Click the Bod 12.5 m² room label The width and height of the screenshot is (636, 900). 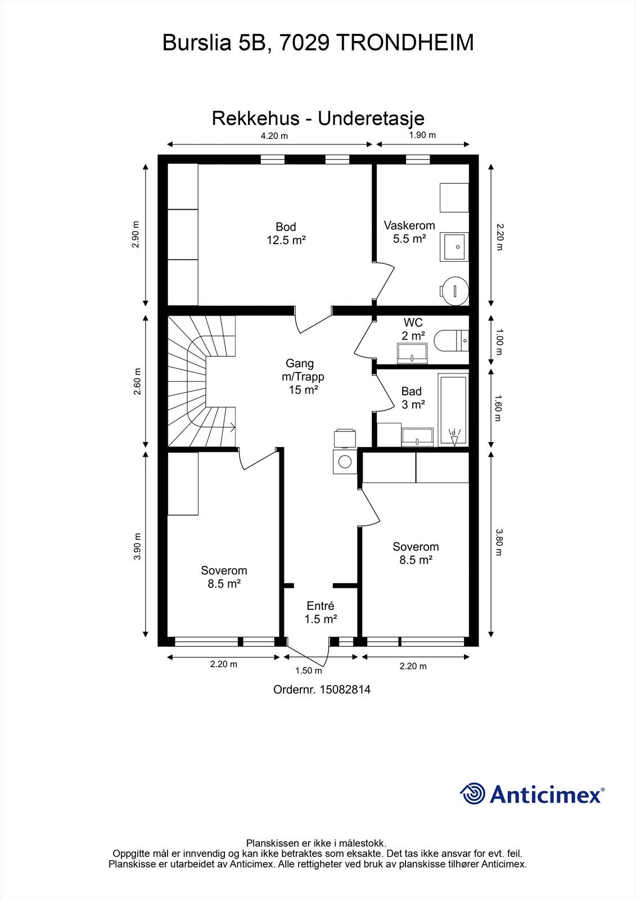tap(286, 233)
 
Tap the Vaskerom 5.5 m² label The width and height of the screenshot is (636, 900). tap(409, 232)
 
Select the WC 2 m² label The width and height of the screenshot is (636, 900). tap(413, 328)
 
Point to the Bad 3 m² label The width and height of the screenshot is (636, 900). tap(413, 398)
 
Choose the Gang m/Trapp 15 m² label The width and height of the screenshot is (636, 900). tap(303, 376)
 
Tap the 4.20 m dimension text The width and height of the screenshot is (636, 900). tap(274, 136)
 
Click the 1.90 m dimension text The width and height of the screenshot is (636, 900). tap(422, 135)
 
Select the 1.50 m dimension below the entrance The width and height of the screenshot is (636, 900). tap(309, 670)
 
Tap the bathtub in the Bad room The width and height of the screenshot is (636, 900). tap(454, 409)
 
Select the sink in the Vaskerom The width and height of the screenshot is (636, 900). tap(454, 247)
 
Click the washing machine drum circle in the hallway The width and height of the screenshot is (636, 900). tap(345, 462)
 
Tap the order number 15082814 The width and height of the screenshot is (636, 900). tap(345, 690)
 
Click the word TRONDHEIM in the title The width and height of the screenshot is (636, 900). tap(404, 43)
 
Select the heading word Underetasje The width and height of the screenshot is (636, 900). tap(371, 119)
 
